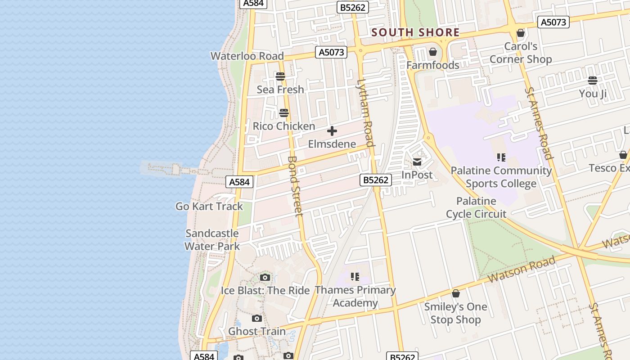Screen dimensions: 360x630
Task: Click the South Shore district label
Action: coord(415,32)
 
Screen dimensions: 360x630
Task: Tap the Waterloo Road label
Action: coord(247,56)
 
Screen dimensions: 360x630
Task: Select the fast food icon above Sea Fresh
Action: coord(280,76)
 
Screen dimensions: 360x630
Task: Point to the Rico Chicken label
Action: coord(283,126)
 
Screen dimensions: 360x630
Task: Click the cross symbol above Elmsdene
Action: coord(332,131)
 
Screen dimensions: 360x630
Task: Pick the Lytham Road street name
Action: coord(365,113)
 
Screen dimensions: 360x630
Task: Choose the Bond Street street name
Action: coord(295,186)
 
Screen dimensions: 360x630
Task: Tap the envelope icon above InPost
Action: coord(417,162)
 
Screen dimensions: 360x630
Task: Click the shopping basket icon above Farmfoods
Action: coord(433,52)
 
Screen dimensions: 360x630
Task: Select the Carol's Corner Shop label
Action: coord(521,53)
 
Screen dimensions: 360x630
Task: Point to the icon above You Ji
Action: coord(593,81)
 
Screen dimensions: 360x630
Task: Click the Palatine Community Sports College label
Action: coord(501,177)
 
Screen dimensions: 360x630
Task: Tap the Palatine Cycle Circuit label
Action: coord(476,207)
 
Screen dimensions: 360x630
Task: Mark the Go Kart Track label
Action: coord(209,207)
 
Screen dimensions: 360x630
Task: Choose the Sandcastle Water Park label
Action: coord(212,240)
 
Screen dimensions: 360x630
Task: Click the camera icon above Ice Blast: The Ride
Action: coord(265,277)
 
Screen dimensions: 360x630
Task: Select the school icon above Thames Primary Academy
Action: coord(355,276)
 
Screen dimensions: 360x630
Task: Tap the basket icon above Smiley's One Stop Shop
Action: coord(456,294)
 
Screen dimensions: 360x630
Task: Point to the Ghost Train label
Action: coord(257,332)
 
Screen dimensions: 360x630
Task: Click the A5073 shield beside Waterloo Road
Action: coord(332,52)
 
